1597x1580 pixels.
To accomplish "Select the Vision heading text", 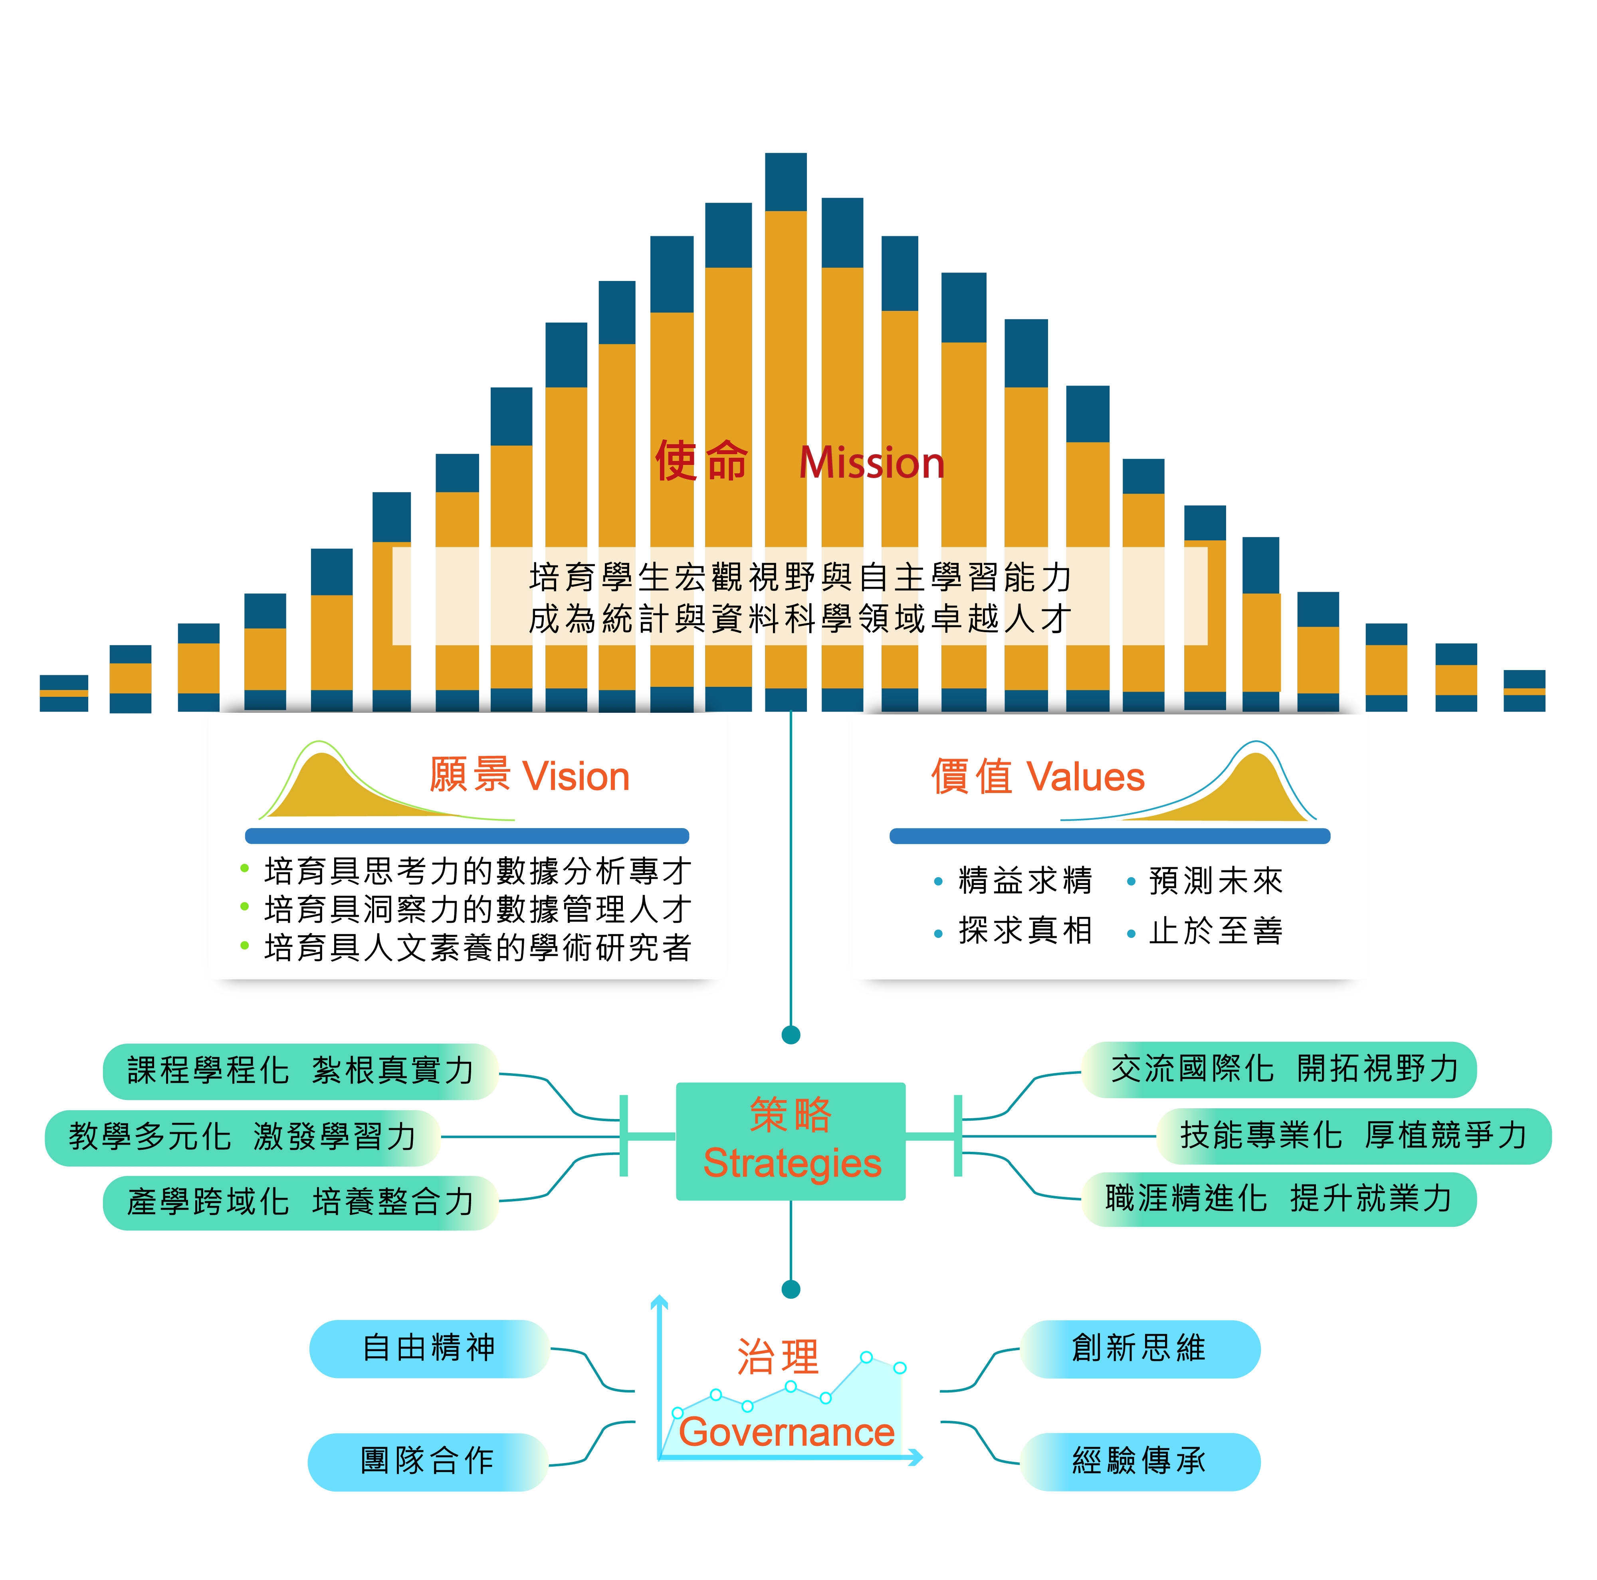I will (529, 777).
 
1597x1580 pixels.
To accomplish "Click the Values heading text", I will (1037, 777).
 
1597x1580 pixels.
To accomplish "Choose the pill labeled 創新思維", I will (1139, 1349).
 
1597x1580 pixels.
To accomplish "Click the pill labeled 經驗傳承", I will (1139, 1461).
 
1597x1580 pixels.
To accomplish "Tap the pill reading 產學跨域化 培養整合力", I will (300, 1202).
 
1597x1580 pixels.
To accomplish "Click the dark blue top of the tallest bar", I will (785, 182).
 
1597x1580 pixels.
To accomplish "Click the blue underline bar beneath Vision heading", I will (467, 835).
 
